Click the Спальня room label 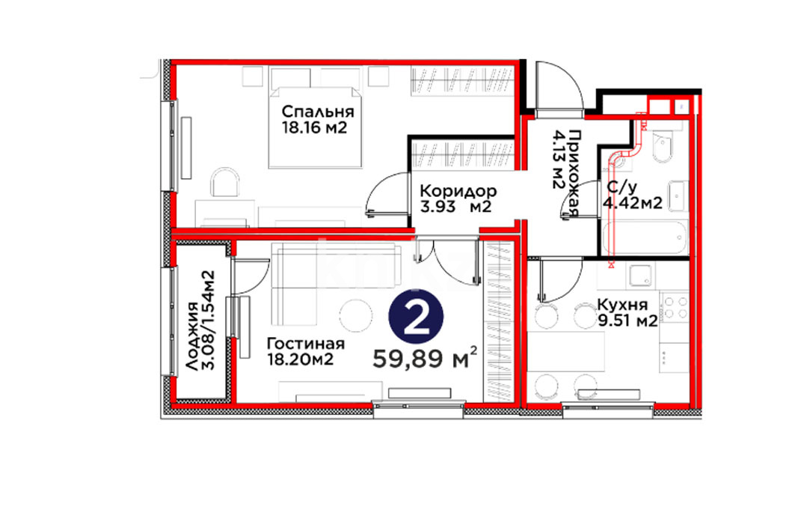[x=317, y=112]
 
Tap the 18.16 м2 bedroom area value [x=314, y=127]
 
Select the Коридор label [x=458, y=192]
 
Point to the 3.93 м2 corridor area [x=455, y=207]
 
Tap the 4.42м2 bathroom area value [x=632, y=203]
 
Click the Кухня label [x=622, y=305]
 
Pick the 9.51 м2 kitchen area [x=627, y=321]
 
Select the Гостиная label [x=306, y=344]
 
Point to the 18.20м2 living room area [x=300, y=359]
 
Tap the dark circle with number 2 [x=417, y=318]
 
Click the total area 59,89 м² [x=425, y=359]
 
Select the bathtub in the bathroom [x=645, y=237]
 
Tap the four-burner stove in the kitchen [x=675, y=308]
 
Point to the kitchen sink [x=642, y=276]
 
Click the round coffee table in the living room [x=356, y=316]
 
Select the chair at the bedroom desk [x=224, y=182]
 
